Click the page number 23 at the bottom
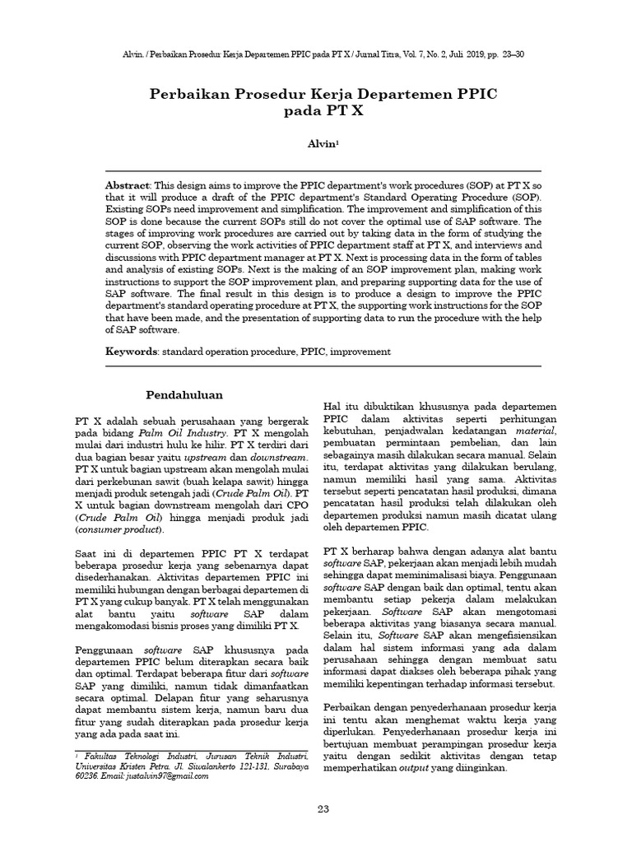323,810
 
